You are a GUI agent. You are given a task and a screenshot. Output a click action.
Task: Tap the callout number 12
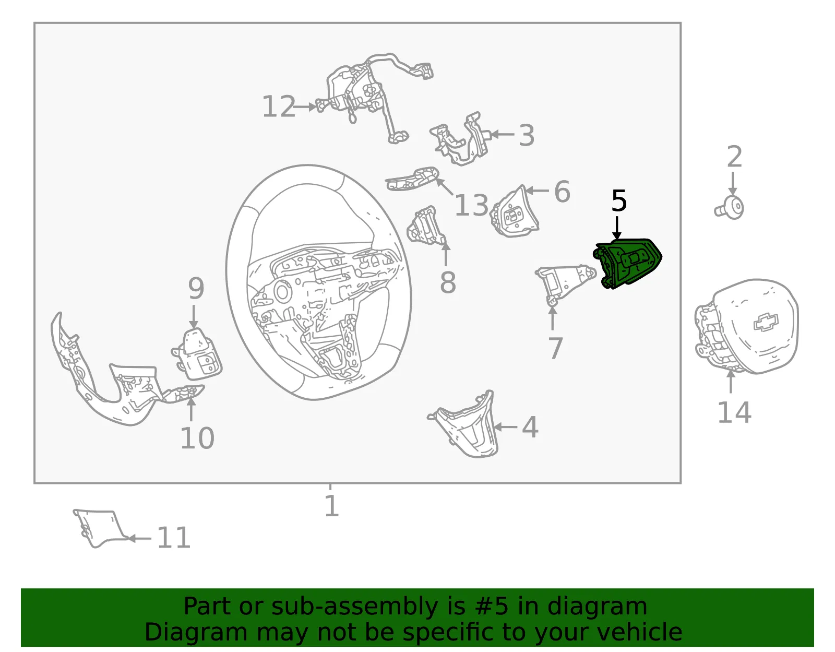(279, 106)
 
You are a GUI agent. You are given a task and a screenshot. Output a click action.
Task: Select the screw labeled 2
(729, 208)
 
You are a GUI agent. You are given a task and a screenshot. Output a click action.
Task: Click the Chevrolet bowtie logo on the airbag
(766, 322)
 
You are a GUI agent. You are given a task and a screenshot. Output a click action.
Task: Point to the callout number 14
(734, 412)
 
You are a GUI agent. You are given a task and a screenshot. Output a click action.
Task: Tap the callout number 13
(471, 205)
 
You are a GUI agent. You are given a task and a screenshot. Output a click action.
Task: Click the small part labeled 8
(426, 227)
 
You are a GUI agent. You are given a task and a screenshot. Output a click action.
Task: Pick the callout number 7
(555, 348)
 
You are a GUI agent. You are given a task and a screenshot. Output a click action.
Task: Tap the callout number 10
(197, 438)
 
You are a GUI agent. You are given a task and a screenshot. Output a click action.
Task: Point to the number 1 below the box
(331, 506)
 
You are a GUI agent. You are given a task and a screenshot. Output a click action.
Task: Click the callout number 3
(527, 135)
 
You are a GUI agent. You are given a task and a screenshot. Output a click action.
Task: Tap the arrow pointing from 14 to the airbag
(731, 382)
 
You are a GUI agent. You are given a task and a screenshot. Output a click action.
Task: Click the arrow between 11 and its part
(139, 538)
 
